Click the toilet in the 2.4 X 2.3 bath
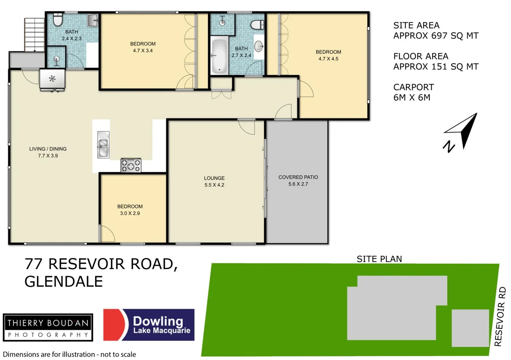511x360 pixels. click(x=58, y=20)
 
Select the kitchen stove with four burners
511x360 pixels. click(x=131, y=165)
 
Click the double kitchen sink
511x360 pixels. click(x=103, y=145)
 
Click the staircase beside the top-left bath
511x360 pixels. click(x=34, y=34)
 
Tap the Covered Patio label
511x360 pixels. click(x=298, y=177)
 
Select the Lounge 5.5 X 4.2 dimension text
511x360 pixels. click(x=214, y=185)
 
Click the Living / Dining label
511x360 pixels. click(x=48, y=149)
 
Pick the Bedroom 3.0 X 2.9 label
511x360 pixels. click(x=130, y=207)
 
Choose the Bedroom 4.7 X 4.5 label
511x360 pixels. click(x=328, y=52)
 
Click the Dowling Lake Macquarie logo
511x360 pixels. click(x=149, y=325)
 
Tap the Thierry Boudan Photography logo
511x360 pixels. click(x=48, y=327)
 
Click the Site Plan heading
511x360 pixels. click(x=379, y=259)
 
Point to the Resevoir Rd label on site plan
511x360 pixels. click(x=500, y=317)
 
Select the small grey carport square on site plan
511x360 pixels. click(x=470, y=328)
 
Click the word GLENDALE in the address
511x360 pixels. click(x=64, y=282)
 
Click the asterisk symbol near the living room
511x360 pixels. click(x=52, y=79)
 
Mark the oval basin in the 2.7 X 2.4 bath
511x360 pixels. click(x=259, y=46)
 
